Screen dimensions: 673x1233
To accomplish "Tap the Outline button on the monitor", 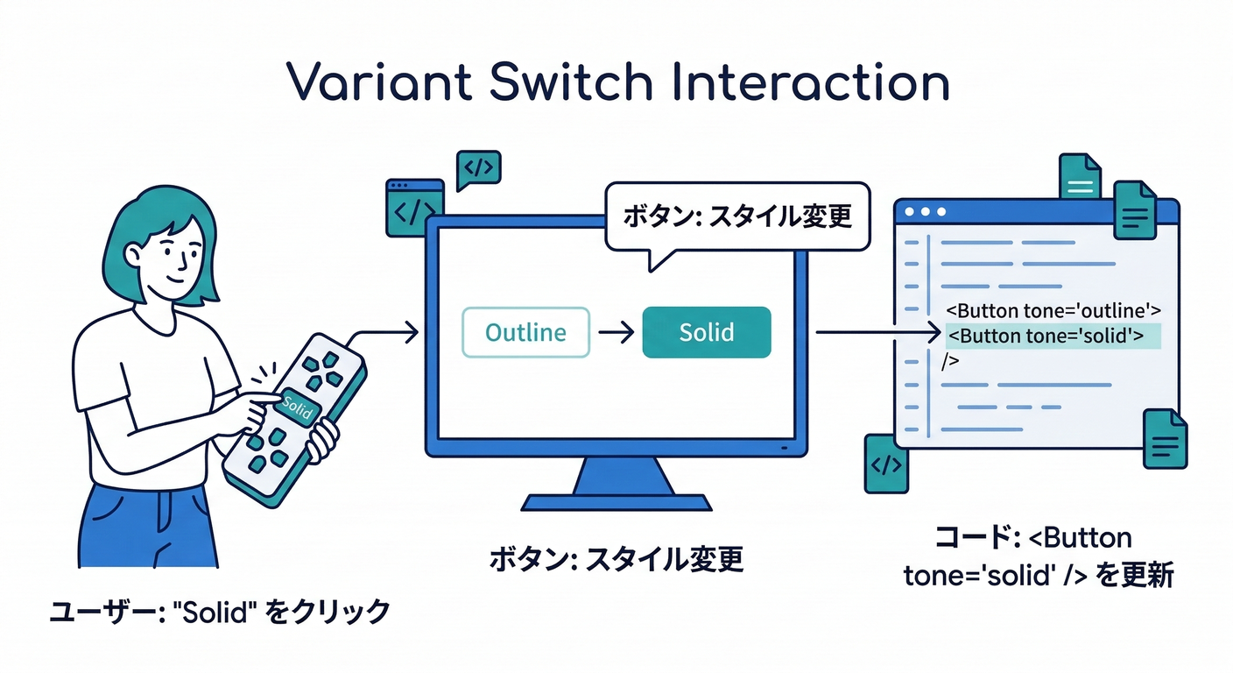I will [x=525, y=332].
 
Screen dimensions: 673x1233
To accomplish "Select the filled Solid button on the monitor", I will [x=707, y=332].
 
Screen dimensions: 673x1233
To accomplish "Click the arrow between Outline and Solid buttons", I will [x=616, y=333].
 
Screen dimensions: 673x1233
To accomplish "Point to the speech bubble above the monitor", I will [x=736, y=216].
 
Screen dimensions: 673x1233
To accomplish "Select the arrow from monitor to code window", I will [x=876, y=333].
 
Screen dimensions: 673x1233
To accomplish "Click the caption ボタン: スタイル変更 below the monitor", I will [x=616, y=558].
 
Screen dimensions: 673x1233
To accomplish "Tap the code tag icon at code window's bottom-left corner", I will [x=886, y=464].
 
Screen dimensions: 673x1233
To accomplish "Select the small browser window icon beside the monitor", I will [x=412, y=208].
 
